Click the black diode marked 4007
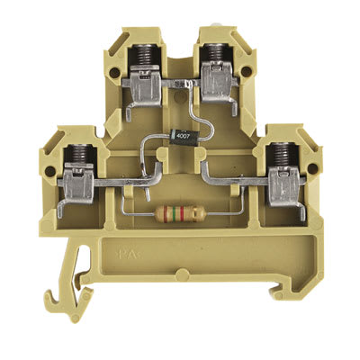[x=182, y=136]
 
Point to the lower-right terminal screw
[x=286, y=155]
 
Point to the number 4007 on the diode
[x=182, y=136]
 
